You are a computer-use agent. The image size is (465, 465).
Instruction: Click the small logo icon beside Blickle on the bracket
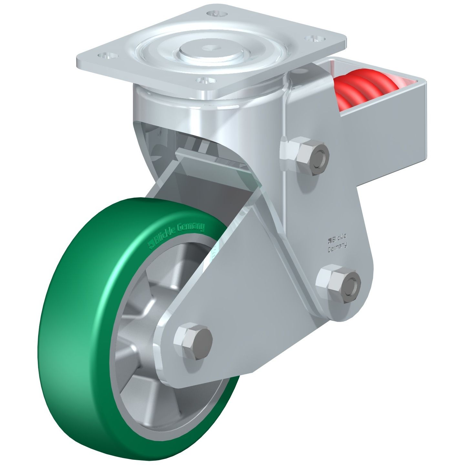[x=330, y=240]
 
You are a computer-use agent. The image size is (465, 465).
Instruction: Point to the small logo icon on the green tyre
[x=150, y=245]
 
